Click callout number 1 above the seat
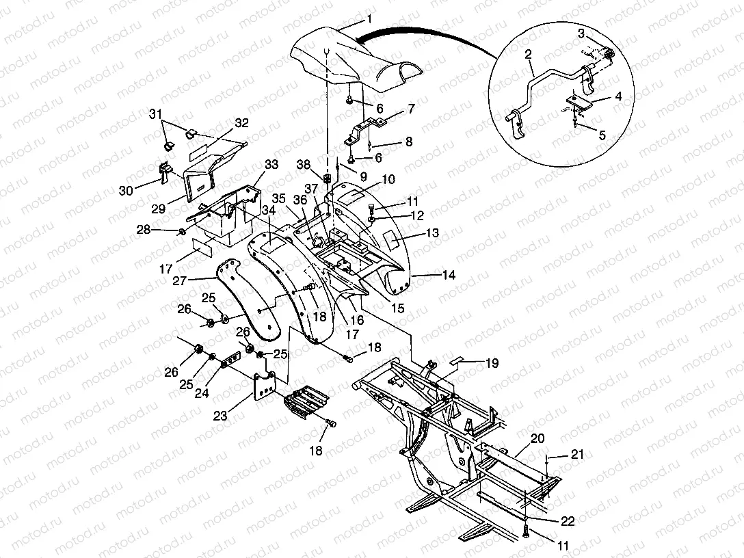click(x=369, y=19)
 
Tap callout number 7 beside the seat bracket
click(x=410, y=108)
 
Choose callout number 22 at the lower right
click(x=568, y=521)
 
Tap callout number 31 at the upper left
click(x=156, y=114)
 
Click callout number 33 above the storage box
click(x=272, y=164)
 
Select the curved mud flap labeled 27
click(x=250, y=301)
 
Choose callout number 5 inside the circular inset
click(x=602, y=135)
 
